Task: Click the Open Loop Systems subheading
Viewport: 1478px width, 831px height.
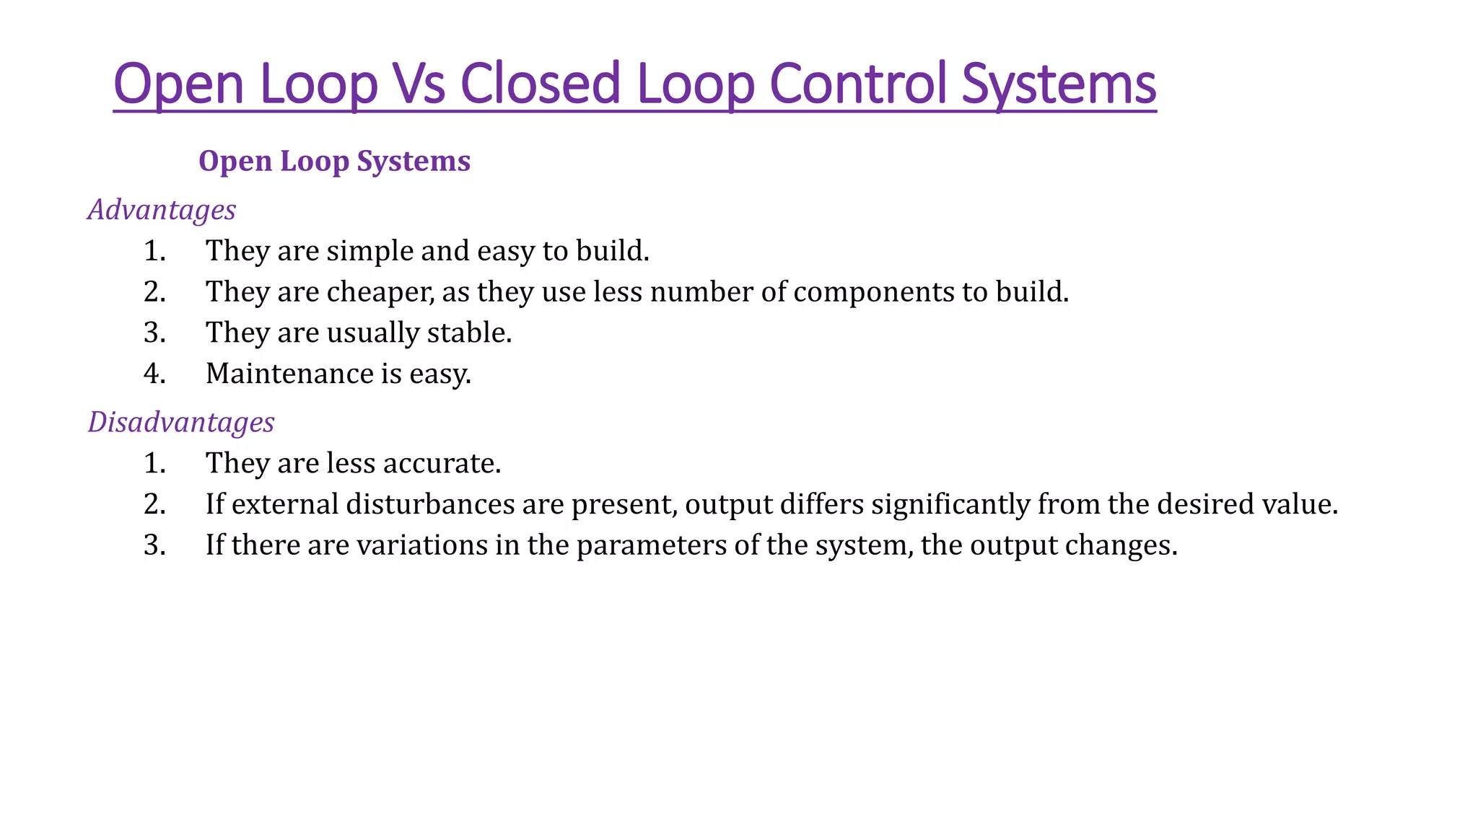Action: coord(334,161)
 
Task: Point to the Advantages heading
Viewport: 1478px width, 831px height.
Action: coord(162,210)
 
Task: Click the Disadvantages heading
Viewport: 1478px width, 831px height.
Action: coord(181,422)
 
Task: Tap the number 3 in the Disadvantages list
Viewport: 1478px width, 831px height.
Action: coord(154,545)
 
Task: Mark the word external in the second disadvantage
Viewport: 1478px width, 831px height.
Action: coord(285,504)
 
